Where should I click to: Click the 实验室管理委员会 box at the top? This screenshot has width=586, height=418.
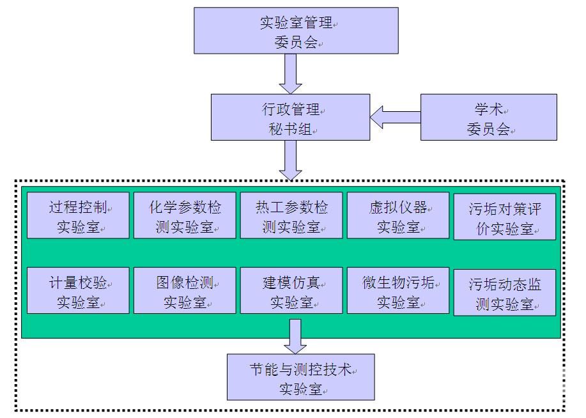(x=296, y=31)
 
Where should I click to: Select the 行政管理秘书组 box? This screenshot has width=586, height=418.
(x=291, y=117)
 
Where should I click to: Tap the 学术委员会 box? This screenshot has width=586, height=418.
(x=488, y=117)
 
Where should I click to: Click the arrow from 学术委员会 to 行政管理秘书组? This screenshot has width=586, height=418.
(x=395, y=117)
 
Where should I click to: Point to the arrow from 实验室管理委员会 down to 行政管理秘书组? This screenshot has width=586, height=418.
(x=291, y=74)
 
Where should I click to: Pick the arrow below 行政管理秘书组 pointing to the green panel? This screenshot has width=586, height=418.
(x=291, y=160)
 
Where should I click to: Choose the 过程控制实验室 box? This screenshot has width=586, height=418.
(x=78, y=215)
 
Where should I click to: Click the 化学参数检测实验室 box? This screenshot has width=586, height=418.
(x=185, y=215)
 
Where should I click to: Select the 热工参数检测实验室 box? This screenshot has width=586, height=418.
(x=291, y=215)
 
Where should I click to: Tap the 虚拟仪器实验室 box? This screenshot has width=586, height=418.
(x=398, y=215)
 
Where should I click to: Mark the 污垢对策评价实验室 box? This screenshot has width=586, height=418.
(x=505, y=217)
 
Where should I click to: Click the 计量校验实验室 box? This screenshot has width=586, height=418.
(x=78, y=290)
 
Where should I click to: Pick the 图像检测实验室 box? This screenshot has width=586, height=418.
(x=185, y=290)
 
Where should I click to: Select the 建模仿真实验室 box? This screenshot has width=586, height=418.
(x=291, y=290)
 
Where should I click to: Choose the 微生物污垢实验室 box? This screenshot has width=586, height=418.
(x=398, y=290)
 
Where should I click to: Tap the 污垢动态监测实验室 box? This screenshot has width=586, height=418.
(x=505, y=292)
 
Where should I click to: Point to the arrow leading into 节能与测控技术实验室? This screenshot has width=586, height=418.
(x=295, y=336)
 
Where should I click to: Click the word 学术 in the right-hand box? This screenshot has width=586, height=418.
(x=488, y=109)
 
